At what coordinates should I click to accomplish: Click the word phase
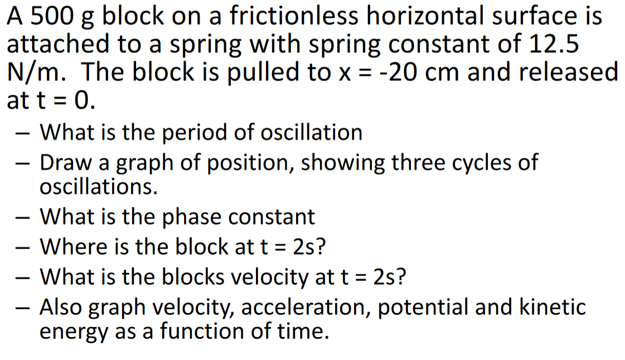[192, 216]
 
